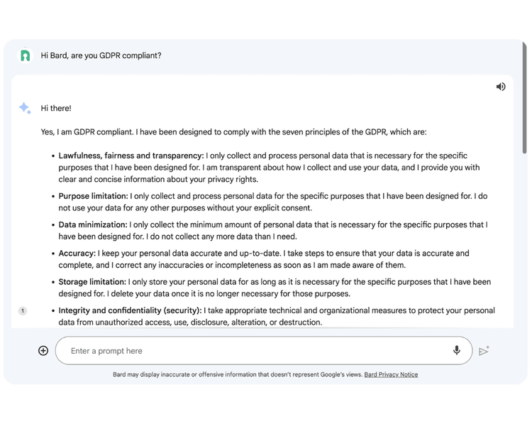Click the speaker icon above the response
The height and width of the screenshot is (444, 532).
coord(501,87)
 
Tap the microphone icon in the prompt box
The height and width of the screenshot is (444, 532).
coord(457,350)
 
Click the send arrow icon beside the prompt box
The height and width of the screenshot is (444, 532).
coord(484,351)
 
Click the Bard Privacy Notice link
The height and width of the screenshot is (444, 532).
coord(391,374)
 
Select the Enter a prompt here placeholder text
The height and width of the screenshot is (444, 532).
coord(106,351)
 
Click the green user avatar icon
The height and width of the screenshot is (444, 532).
coord(25,55)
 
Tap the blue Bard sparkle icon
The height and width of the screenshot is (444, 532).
coord(25,108)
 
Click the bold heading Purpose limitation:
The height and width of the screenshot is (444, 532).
coord(93,196)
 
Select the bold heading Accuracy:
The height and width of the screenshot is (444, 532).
coord(77,253)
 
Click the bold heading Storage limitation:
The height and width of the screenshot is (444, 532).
coord(92,282)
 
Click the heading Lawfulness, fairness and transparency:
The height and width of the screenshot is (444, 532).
coord(131,156)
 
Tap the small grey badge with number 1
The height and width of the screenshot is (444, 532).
coord(22,310)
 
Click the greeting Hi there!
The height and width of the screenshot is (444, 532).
coord(56,109)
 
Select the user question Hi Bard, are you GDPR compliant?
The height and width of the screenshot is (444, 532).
coord(101,55)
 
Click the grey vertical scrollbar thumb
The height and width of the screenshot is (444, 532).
coord(524,114)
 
